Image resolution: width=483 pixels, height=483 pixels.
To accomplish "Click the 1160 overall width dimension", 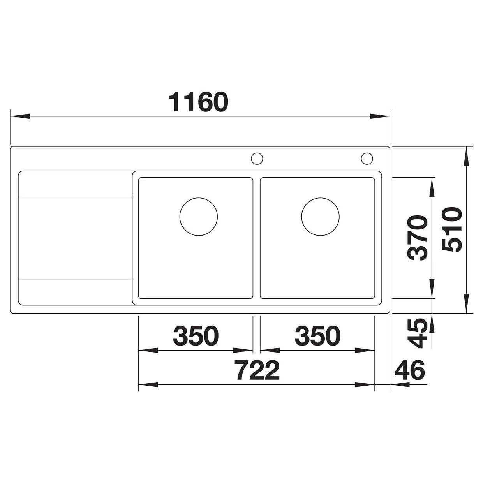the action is (x=198, y=102).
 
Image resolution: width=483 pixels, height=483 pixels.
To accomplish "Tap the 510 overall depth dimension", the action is (x=452, y=229).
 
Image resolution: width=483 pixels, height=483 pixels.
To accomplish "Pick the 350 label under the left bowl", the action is (x=196, y=336).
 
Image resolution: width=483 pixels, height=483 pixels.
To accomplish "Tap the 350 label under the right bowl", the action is (x=317, y=336).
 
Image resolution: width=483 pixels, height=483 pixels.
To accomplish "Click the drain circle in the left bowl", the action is (x=199, y=217).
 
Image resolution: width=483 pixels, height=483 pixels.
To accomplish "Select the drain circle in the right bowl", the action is (x=320, y=217).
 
